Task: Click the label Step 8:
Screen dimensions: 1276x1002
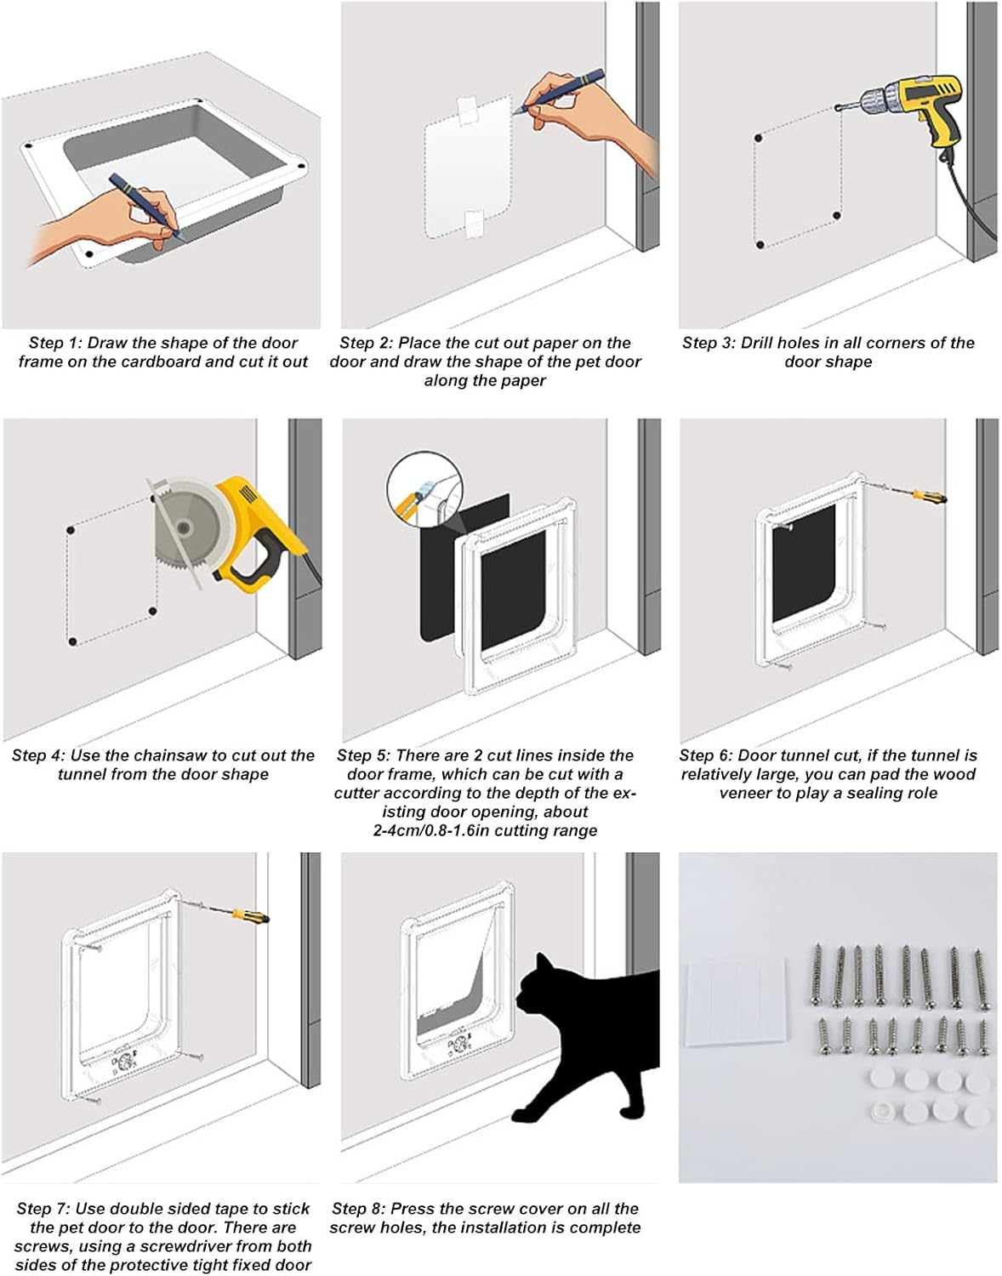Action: [357, 1209]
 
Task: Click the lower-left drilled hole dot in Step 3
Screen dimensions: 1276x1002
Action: [760, 245]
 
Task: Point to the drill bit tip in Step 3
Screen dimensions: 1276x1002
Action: [838, 108]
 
